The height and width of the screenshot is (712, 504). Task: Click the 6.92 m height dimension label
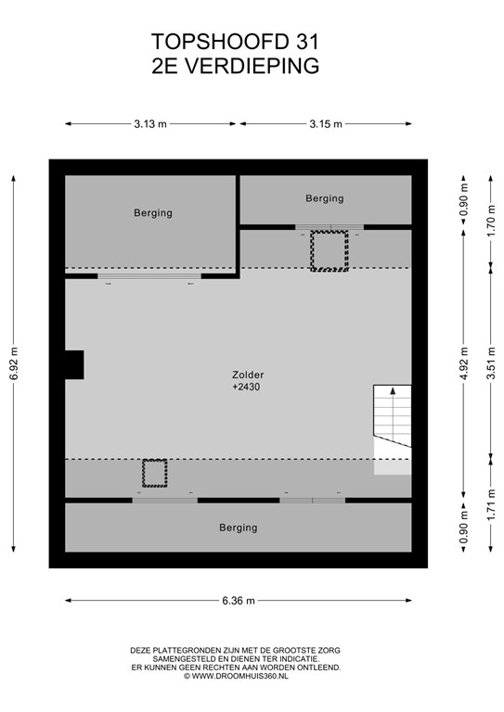pos(14,363)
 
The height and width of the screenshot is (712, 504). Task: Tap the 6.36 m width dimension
pos(239,601)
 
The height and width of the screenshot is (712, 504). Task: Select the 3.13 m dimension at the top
pos(150,123)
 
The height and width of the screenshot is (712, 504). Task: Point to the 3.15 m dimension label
pos(326,123)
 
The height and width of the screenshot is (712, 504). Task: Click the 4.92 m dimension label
pos(463,363)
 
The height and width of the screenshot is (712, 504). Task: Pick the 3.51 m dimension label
pos(491,362)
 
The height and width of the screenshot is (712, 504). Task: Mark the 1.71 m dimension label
pos(491,504)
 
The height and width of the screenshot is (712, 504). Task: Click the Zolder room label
pos(248,375)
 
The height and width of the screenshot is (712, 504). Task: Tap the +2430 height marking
pos(246,387)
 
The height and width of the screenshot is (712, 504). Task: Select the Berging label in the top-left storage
pos(153,213)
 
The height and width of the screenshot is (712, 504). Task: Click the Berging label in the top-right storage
pos(325,198)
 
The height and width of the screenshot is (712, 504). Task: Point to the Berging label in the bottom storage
pos(239,528)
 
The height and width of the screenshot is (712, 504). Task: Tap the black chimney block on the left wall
pos(74,364)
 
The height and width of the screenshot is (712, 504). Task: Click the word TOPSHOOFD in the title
pos(221,42)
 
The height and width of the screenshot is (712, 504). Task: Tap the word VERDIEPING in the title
pos(252,66)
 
